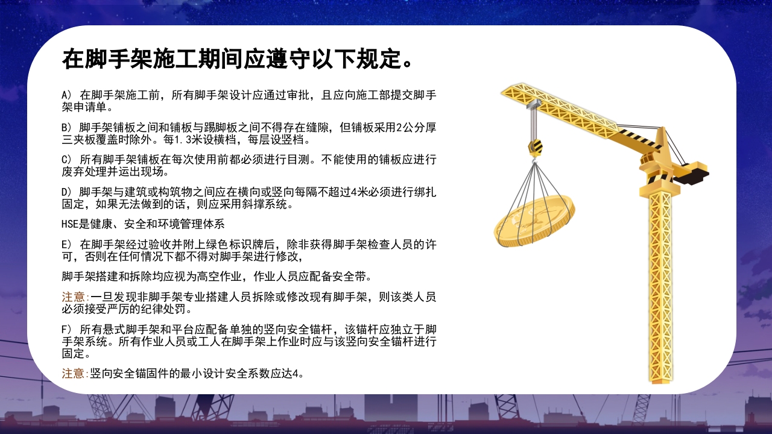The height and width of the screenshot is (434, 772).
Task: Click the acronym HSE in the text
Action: coord(70,224)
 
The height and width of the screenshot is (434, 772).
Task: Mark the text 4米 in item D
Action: coord(364,192)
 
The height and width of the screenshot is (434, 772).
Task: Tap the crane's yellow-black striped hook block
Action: coord(535,146)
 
